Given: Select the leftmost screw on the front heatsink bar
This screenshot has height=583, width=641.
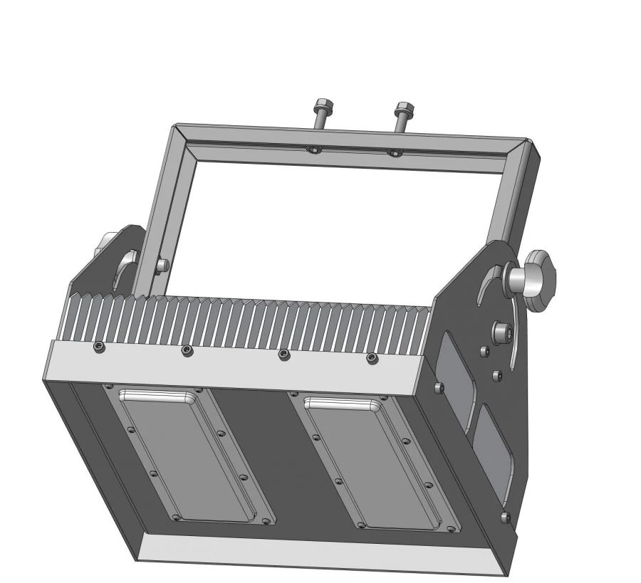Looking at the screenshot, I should (x=98, y=346).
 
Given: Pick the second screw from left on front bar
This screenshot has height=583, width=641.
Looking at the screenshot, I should (x=186, y=350).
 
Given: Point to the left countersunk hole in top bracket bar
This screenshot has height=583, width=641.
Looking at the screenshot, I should (x=312, y=149).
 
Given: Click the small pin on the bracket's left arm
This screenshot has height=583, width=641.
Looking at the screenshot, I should (x=162, y=265).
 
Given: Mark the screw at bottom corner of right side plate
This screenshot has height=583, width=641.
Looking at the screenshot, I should (x=505, y=516).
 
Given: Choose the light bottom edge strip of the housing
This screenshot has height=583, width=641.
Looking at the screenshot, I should (x=320, y=555).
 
